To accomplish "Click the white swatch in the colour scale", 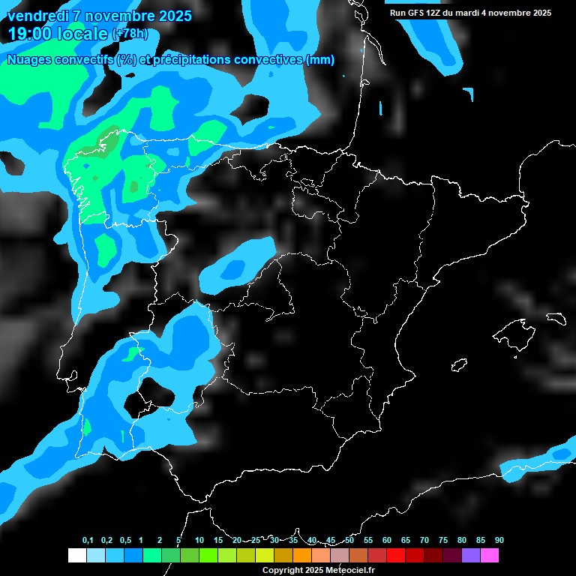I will [x=76, y=555].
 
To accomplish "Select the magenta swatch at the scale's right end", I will [x=490, y=555].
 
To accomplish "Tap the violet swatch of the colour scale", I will [x=471, y=555].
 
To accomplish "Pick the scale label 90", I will [x=499, y=541].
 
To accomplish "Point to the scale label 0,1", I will [x=88, y=541].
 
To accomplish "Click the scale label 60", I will [x=387, y=541].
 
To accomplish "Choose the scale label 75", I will [x=443, y=541].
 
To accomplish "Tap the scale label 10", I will [x=199, y=541].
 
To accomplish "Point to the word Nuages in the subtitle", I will [x=29, y=60].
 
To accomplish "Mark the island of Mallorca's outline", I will [x=514, y=331].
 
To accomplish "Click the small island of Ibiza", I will [x=459, y=365].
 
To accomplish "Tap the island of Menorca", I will [x=556, y=318].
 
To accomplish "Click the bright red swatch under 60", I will [x=396, y=555].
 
